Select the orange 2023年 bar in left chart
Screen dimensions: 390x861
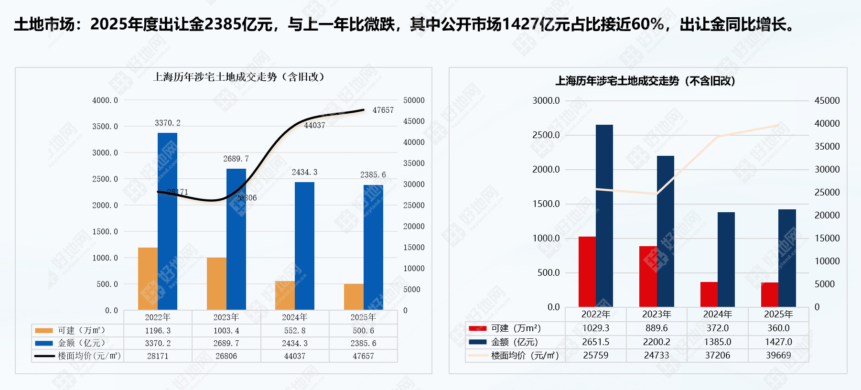(216, 283)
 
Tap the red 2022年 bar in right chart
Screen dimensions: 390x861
(587, 271)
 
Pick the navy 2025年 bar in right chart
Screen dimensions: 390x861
(787, 258)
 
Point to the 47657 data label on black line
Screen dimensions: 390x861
(383, 110)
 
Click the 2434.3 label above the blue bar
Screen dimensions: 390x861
(304, 172)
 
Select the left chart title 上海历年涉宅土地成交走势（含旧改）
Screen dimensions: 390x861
(239, 77)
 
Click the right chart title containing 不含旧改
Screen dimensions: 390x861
(645, 81)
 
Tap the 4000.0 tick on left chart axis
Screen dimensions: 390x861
(105, 100)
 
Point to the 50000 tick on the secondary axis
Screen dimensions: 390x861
(414, 100)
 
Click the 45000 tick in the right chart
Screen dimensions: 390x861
(827, 100)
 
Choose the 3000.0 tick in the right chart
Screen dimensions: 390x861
(546, 100)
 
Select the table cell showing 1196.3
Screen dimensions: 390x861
(158, 331)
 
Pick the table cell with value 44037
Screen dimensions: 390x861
(295, 356)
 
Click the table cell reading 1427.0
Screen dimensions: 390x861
(778, 342)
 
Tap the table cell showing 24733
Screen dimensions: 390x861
(657, 355)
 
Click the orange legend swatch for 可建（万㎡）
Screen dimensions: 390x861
(44, 330)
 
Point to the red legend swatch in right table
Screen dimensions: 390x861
(477, 328)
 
